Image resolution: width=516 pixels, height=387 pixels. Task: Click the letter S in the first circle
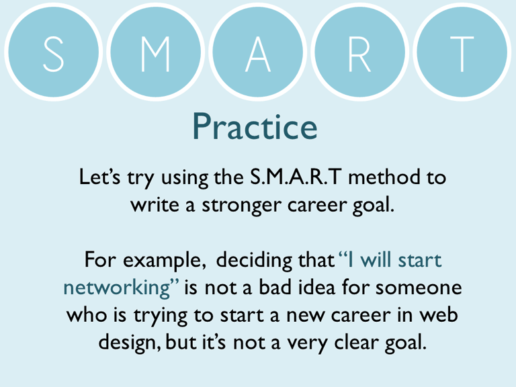pyautogui.click(x=53, y=54)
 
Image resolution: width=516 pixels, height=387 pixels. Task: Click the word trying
pyautogui.click(x=169, y=315)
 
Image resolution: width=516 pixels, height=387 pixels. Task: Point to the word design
pyautogui.click(x=128, y=343)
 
